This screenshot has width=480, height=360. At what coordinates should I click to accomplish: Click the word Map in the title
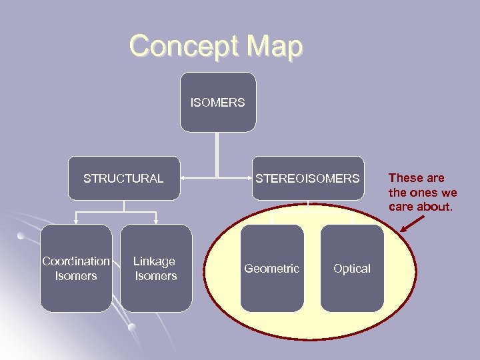(274, 47)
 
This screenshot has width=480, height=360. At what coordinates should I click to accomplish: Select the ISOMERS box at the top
(217, 103)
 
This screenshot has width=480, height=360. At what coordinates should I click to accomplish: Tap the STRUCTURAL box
(123, 178)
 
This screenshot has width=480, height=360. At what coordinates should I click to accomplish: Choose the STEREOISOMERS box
(307, 178)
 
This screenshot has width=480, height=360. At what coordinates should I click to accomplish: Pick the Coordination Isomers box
(76, 268)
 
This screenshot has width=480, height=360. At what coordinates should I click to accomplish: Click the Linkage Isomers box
(155, 268)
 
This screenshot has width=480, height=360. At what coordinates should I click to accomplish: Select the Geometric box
(271, 268)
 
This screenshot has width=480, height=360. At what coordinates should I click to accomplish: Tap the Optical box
(352, 268)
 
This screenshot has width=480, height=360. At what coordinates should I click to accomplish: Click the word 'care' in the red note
(402, 207)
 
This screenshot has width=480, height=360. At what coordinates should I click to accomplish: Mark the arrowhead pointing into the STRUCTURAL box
(184, 179)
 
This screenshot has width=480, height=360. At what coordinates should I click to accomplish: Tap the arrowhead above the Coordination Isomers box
(76, 220)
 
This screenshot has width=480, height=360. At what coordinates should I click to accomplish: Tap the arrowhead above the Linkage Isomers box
(155, 220)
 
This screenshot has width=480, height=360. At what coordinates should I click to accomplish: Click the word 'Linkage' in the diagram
(154, 261)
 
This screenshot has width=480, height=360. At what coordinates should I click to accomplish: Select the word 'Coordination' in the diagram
(76, 261)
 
